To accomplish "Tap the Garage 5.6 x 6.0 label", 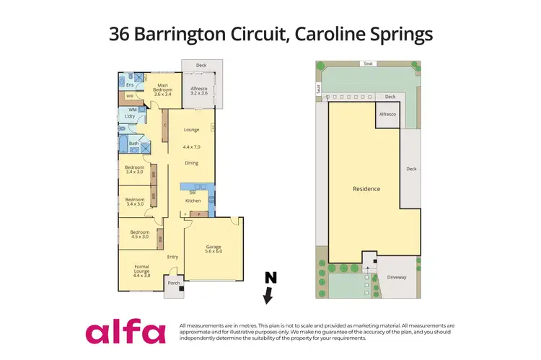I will pos(213,248).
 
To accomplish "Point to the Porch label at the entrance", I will pos(173,284).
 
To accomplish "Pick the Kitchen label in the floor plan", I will pos(193,201).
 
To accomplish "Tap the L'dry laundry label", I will pos(131,116).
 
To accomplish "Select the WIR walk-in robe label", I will pos(130,95).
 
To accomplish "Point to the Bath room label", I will pos(133,144).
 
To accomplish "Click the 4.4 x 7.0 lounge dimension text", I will pos(191,146).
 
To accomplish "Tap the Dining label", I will pos(191,163).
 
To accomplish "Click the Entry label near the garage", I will pos(173,257).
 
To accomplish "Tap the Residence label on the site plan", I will pos(366,189).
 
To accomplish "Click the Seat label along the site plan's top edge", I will pos(369,63).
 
